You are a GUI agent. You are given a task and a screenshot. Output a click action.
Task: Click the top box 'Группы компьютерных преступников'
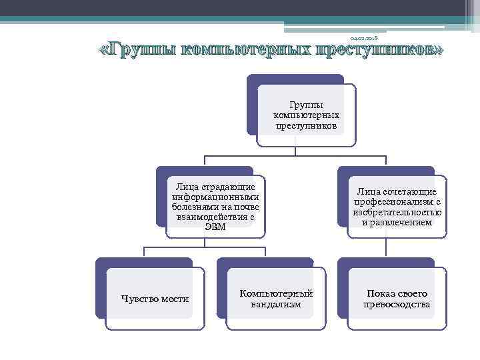pos(306,115)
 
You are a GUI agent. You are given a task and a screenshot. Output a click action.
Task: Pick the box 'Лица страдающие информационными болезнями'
pos(215,203)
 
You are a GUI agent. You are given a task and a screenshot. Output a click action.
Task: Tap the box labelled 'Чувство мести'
pos(155,299)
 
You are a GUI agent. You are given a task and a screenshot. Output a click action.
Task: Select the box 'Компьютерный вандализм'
pos(276,299)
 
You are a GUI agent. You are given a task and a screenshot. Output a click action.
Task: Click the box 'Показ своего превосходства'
pos(397,299)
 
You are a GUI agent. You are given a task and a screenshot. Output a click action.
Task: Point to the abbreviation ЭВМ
pos(215,227)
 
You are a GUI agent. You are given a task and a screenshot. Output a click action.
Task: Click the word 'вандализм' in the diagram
pos(276,305)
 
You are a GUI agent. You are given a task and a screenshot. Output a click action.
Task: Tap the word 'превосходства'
pos(397,305)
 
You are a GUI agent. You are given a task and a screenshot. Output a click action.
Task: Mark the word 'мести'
pos(175,299)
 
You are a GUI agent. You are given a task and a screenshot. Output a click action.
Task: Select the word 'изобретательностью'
pos(397,212)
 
